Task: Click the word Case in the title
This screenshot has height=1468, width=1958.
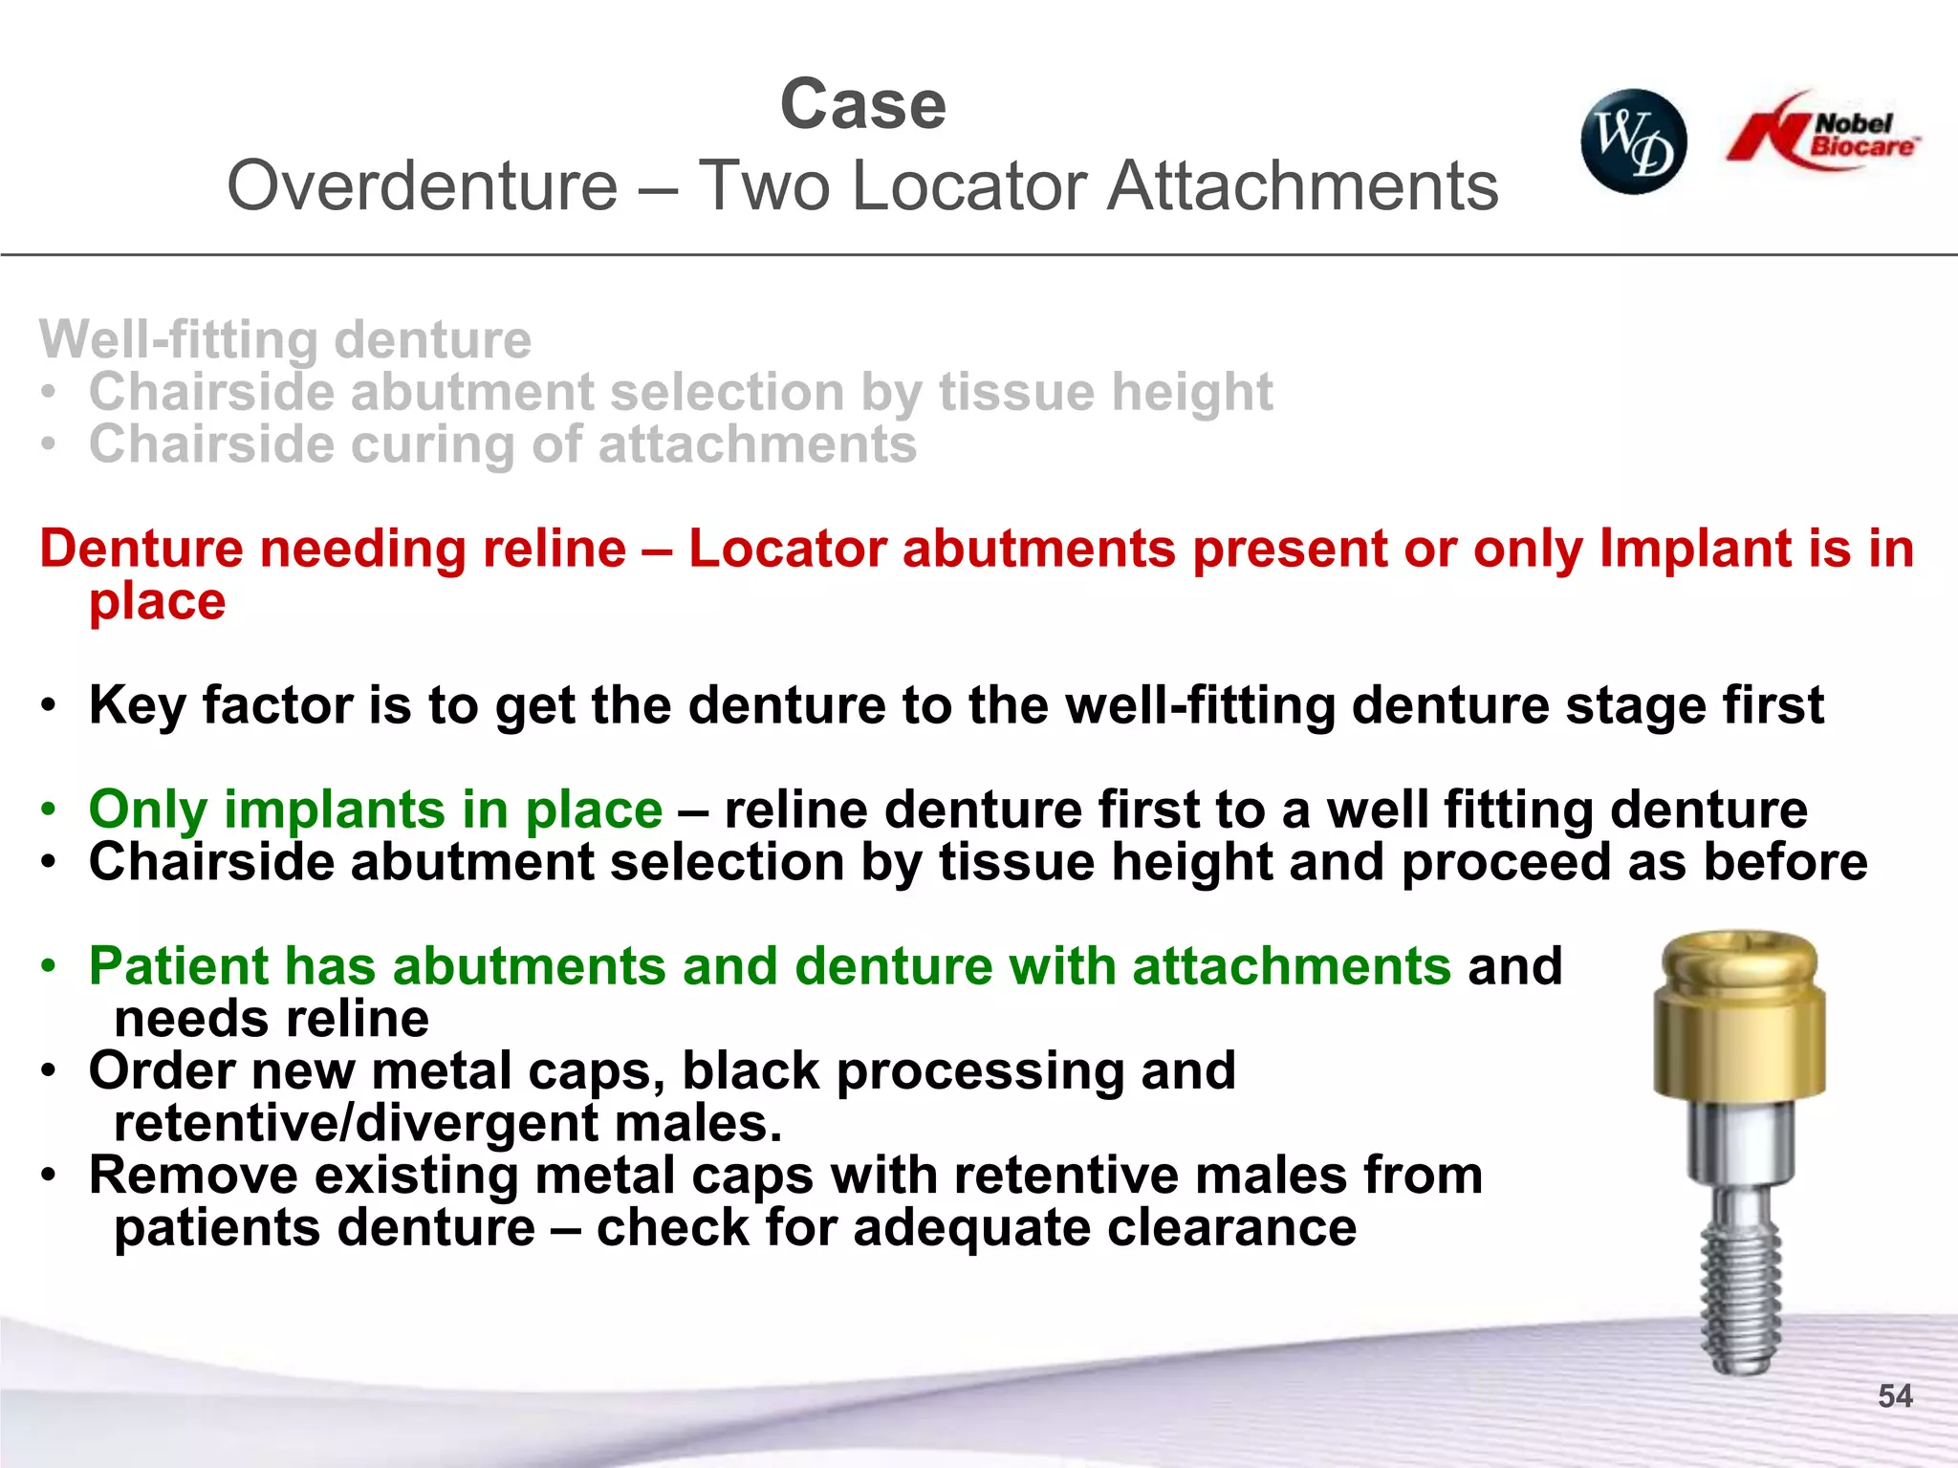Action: tap(862, 105)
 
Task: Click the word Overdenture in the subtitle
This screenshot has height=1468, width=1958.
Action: tap(422, 186)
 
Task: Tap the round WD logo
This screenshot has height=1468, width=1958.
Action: tap(1633, 141)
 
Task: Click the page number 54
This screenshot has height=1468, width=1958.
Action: tap(1894, 1396)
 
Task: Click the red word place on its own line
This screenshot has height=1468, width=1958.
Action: tap(157, 602)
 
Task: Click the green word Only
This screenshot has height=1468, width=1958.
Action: tap(147, 810)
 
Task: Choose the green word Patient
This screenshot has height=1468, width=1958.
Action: tap(179, 966)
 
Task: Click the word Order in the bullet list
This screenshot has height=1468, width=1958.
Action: tap(161, 1071)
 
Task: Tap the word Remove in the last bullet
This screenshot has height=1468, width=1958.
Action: tap(193, 1176)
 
